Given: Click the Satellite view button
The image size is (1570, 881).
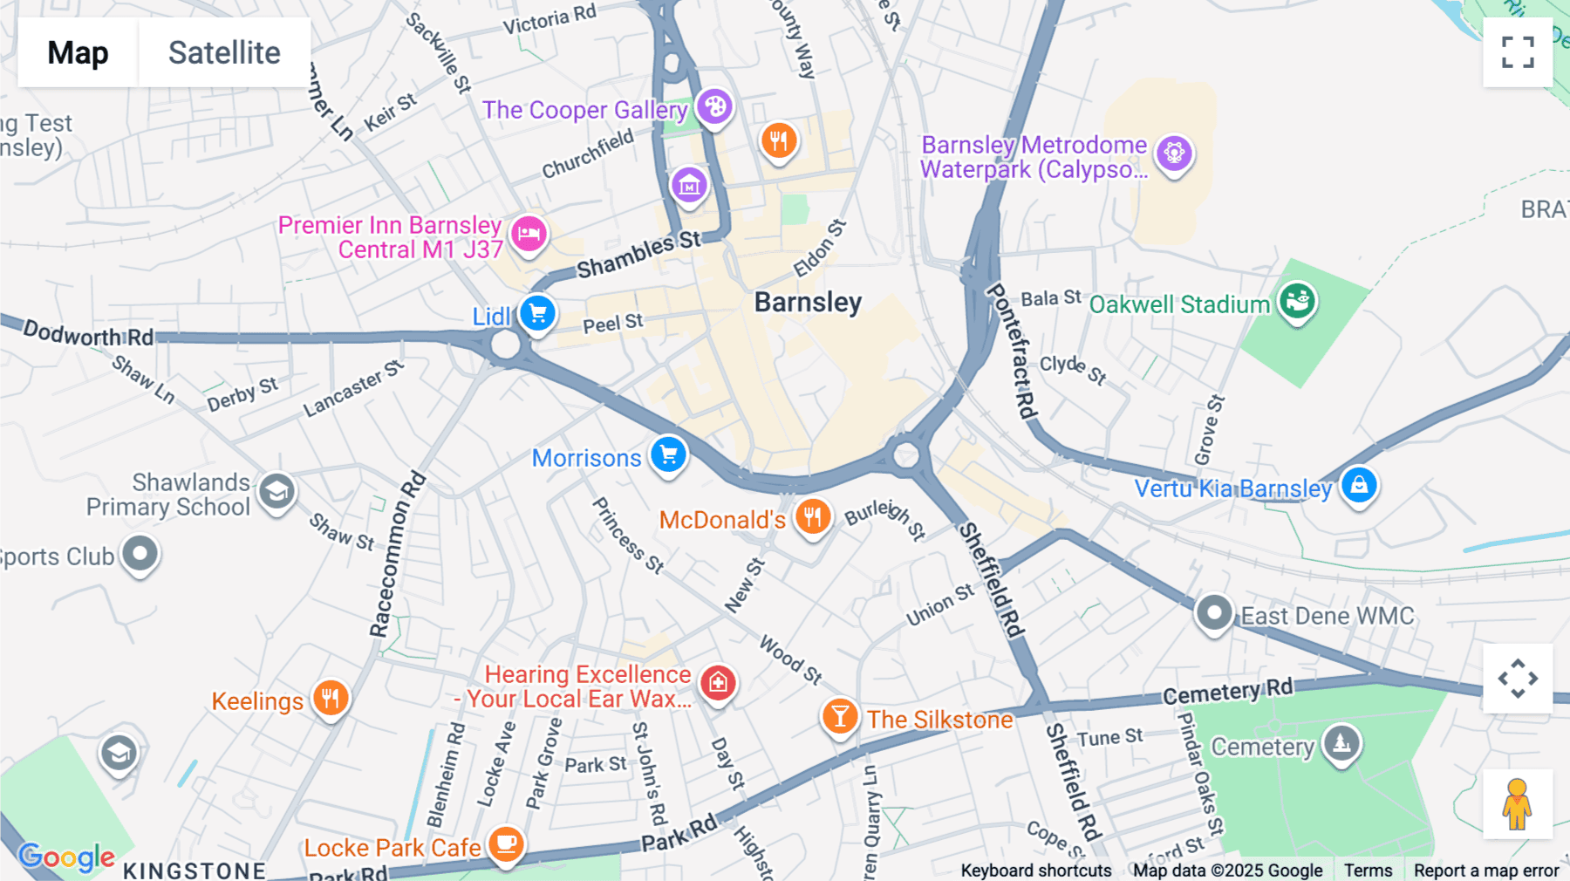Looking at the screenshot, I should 224,52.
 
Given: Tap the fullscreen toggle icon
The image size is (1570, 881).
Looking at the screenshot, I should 1518,52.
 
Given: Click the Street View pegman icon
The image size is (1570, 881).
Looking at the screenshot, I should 1517,804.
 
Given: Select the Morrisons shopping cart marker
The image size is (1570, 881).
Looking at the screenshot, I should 669,454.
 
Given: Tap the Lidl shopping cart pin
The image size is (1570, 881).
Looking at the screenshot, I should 537,312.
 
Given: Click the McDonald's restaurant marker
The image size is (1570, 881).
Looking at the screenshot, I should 812,517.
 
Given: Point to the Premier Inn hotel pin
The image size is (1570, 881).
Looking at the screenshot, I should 529,234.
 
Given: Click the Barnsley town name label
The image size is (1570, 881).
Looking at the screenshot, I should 808,303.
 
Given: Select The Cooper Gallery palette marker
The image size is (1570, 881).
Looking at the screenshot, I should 714,107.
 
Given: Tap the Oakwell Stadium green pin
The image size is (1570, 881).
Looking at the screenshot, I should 1297,301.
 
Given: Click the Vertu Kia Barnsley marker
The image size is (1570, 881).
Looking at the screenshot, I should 1359,484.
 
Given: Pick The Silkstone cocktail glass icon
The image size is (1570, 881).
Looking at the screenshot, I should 839,717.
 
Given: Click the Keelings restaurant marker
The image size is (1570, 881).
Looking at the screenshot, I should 331,698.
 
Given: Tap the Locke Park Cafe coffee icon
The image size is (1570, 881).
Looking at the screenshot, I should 506,843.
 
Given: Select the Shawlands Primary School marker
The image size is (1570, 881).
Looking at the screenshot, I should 276,492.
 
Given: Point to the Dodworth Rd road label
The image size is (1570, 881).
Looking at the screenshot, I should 88,334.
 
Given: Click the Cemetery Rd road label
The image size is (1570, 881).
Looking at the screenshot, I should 1227,692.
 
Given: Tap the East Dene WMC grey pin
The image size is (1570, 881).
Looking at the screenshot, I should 1213,613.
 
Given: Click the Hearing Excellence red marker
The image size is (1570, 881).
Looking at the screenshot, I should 718,683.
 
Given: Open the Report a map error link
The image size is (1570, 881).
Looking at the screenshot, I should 1485,871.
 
